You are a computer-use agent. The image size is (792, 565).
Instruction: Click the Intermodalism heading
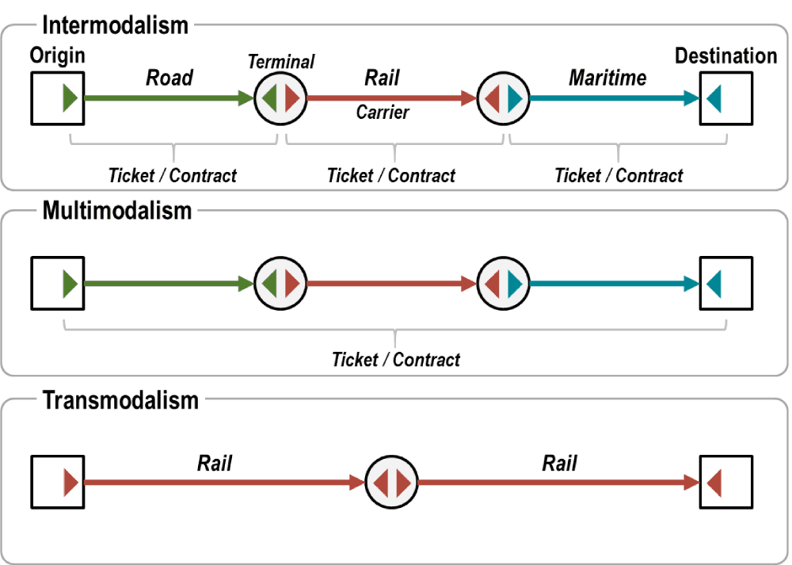click(116, 25)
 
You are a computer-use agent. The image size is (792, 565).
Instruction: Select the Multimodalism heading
click(117, 211)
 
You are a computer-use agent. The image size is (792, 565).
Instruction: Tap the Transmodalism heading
click(120, 400)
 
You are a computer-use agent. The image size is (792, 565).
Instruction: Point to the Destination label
click(725, 56)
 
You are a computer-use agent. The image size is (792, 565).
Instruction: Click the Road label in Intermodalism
click(169, 78)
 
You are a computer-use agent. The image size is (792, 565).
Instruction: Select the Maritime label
click(607, 78)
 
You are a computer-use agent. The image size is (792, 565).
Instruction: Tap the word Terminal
click(281, 61)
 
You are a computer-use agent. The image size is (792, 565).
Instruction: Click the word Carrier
click(383, 113)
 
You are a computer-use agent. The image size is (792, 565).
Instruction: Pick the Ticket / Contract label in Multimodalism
click(396, 360)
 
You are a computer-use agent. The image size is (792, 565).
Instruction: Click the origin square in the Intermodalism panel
click(58, 98)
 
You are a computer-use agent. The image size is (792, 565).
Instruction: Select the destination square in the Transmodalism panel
click(726, 482)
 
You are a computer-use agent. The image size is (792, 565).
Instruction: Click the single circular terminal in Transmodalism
click(392, 482)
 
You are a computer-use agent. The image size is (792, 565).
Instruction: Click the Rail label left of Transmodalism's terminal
click(214, 463)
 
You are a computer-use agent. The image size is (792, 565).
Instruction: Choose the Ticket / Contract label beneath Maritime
click(619, 176)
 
